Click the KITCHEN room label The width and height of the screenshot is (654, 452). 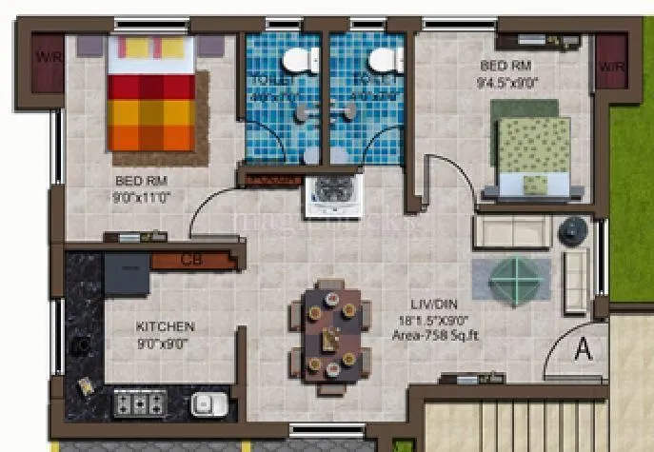tap(165, 325)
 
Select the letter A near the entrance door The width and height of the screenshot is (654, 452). tap(583, 350)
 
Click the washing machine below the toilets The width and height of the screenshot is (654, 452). tap(330, 197)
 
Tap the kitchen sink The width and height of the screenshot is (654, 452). tap(208, 403)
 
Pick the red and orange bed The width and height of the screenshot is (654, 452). tap(151, 93)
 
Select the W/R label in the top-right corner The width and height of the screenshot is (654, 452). tap(610, 67)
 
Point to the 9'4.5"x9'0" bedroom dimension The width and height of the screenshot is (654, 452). tap(505, 83)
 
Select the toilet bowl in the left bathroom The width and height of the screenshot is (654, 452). tap(304, 60)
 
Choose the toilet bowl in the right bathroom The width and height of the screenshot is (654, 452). tap(384, 60)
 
